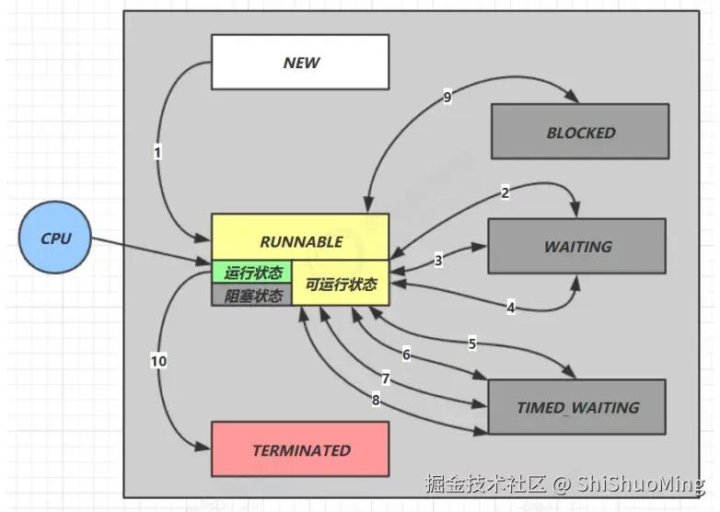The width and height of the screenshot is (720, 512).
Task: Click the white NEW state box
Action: pos(300,63)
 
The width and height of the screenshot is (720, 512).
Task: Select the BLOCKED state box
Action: pos(580,132)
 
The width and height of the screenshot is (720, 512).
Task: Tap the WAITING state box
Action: pos(577,246)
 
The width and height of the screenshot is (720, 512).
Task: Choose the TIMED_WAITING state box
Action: pos(577,407)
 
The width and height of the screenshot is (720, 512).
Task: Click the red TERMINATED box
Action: pos(300,450)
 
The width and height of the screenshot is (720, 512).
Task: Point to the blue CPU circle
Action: pos(55,239)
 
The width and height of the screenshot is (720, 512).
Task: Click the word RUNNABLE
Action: pos(300,241)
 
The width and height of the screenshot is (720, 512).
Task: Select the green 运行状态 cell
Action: pos(252,273)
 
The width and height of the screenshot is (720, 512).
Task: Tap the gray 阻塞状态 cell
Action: pos(252,296)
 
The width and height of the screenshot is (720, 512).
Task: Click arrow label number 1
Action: pos(158,153)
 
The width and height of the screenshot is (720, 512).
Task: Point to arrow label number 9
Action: pos(447,98)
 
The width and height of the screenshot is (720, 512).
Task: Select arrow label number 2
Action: pos(505,192)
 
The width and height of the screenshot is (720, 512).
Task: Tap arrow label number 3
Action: pos(438,261)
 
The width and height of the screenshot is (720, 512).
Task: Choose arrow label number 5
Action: pos(472,344)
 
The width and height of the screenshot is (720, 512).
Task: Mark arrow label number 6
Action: pos(406,355)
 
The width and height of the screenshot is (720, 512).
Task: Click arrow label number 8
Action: pos(375,400)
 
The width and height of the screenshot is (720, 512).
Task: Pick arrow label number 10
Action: pos(158,361)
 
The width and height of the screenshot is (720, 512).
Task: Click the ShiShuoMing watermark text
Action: pos(642,483)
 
